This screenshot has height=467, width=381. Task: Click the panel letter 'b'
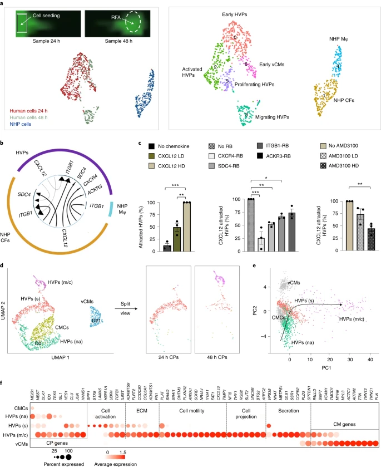4,142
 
